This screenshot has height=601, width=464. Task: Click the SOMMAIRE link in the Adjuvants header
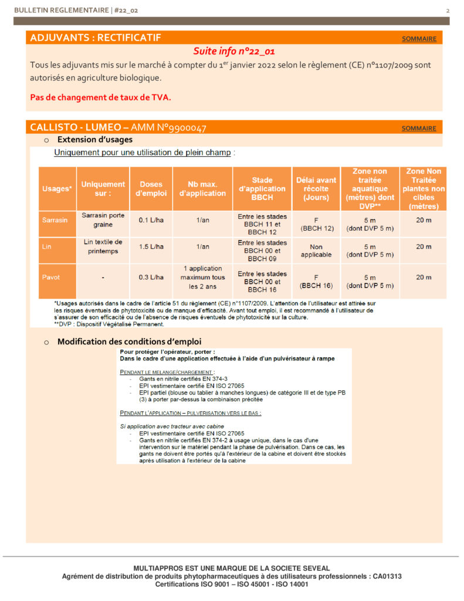(x=419, y=39)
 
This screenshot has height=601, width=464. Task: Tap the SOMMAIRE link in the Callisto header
(x=419, y=128)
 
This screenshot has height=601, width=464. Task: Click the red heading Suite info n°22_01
(x=234, y=51)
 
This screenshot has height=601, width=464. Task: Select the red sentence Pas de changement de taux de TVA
(x=100, y=97)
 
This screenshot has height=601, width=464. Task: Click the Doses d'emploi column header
(x=151, y=188)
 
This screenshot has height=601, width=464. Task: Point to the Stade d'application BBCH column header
(x=262, y=188)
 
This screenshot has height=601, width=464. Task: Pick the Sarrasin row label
(x=55, y=220)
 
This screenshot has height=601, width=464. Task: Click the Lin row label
(x=48, y=247)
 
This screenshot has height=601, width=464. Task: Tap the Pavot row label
(x=52, y=277)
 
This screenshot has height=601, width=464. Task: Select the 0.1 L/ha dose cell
(x=151, y=220)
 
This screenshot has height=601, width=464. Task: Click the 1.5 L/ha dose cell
(x=151, y=247)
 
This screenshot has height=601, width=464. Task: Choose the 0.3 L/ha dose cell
(x=151, y=277)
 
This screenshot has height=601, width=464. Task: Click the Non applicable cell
(x=316, y=251)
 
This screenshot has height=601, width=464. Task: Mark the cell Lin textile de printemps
(x=103, y=247)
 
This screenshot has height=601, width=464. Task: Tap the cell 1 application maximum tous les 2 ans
(x=202, y=277)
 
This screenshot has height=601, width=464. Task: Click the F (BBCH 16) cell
(x=316, y=281)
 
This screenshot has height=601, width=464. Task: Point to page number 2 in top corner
(x=448, y=11)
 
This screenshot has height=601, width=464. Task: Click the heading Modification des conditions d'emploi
(x=130, y=342)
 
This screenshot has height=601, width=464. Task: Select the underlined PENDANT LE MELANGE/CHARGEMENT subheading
(x=167, y=372)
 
